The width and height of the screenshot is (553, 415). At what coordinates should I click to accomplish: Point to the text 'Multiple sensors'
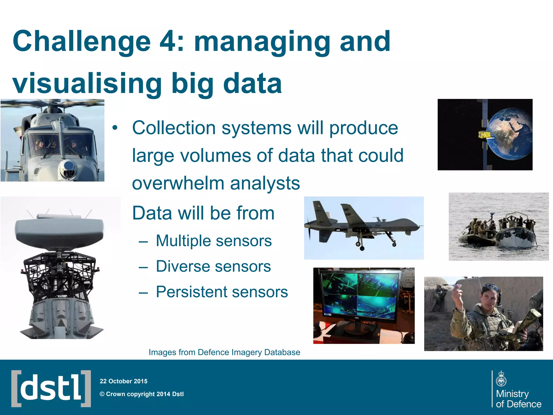pyautogui.click(x=214, y=241)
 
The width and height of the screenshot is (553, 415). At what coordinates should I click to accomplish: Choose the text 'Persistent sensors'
pyautogui.click(x=222, y=292)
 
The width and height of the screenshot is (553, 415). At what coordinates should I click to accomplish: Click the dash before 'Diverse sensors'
pyautogui.click(x=143, y=267)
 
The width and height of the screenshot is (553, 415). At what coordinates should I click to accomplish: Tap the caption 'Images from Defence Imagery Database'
pyautogui.click(x=224, y=352)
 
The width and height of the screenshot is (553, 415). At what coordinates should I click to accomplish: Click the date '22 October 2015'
pyautogui.click(x=123, y=381)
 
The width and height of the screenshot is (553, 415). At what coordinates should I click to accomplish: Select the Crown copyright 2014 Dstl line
pyautogui.click(x=142, y=394)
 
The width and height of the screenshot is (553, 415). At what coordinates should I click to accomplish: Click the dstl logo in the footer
pyautogui.click(x=51, y=389)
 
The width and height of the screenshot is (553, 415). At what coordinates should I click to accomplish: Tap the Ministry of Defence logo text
pyautogui.click(x=518, y=399)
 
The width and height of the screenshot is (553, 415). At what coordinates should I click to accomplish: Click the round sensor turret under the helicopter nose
pyautogui.click(x=69, y=169)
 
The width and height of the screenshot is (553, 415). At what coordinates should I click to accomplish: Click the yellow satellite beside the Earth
pyautogui.click(x=484, y=135)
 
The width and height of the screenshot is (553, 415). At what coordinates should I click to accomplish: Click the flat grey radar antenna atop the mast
pyautogui.click(x=59, y=230)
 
